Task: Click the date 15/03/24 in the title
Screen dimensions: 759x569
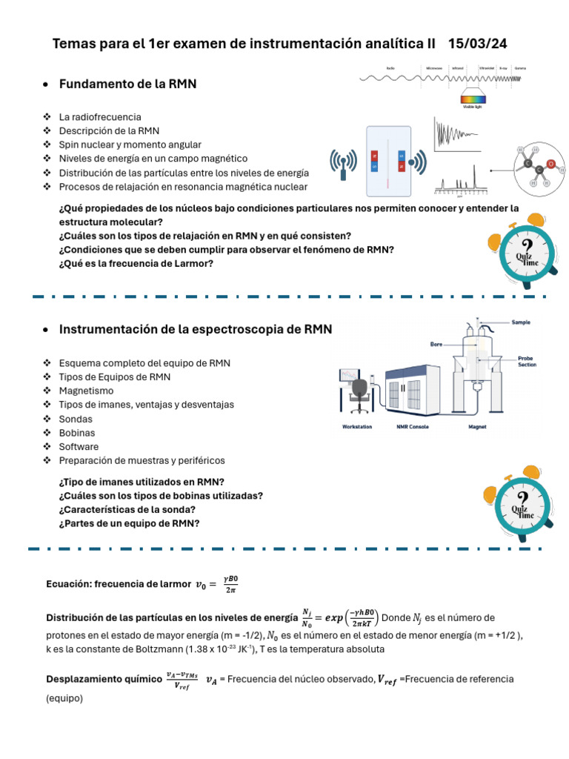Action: (478, 44)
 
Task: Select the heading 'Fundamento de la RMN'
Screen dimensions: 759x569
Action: (127, 84)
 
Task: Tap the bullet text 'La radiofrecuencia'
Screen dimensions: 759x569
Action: (100, 117)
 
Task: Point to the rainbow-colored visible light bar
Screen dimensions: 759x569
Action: (474, 98)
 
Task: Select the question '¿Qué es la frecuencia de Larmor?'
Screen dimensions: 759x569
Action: (136, 263)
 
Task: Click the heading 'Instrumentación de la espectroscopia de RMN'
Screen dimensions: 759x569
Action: (196, 329)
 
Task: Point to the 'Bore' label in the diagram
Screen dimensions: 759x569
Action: (436, 344)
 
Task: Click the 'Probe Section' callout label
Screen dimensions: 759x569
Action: (528, 361)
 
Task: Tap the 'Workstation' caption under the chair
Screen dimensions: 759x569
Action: (357, 427)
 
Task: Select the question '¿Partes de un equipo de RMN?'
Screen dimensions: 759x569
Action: (129, 523)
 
